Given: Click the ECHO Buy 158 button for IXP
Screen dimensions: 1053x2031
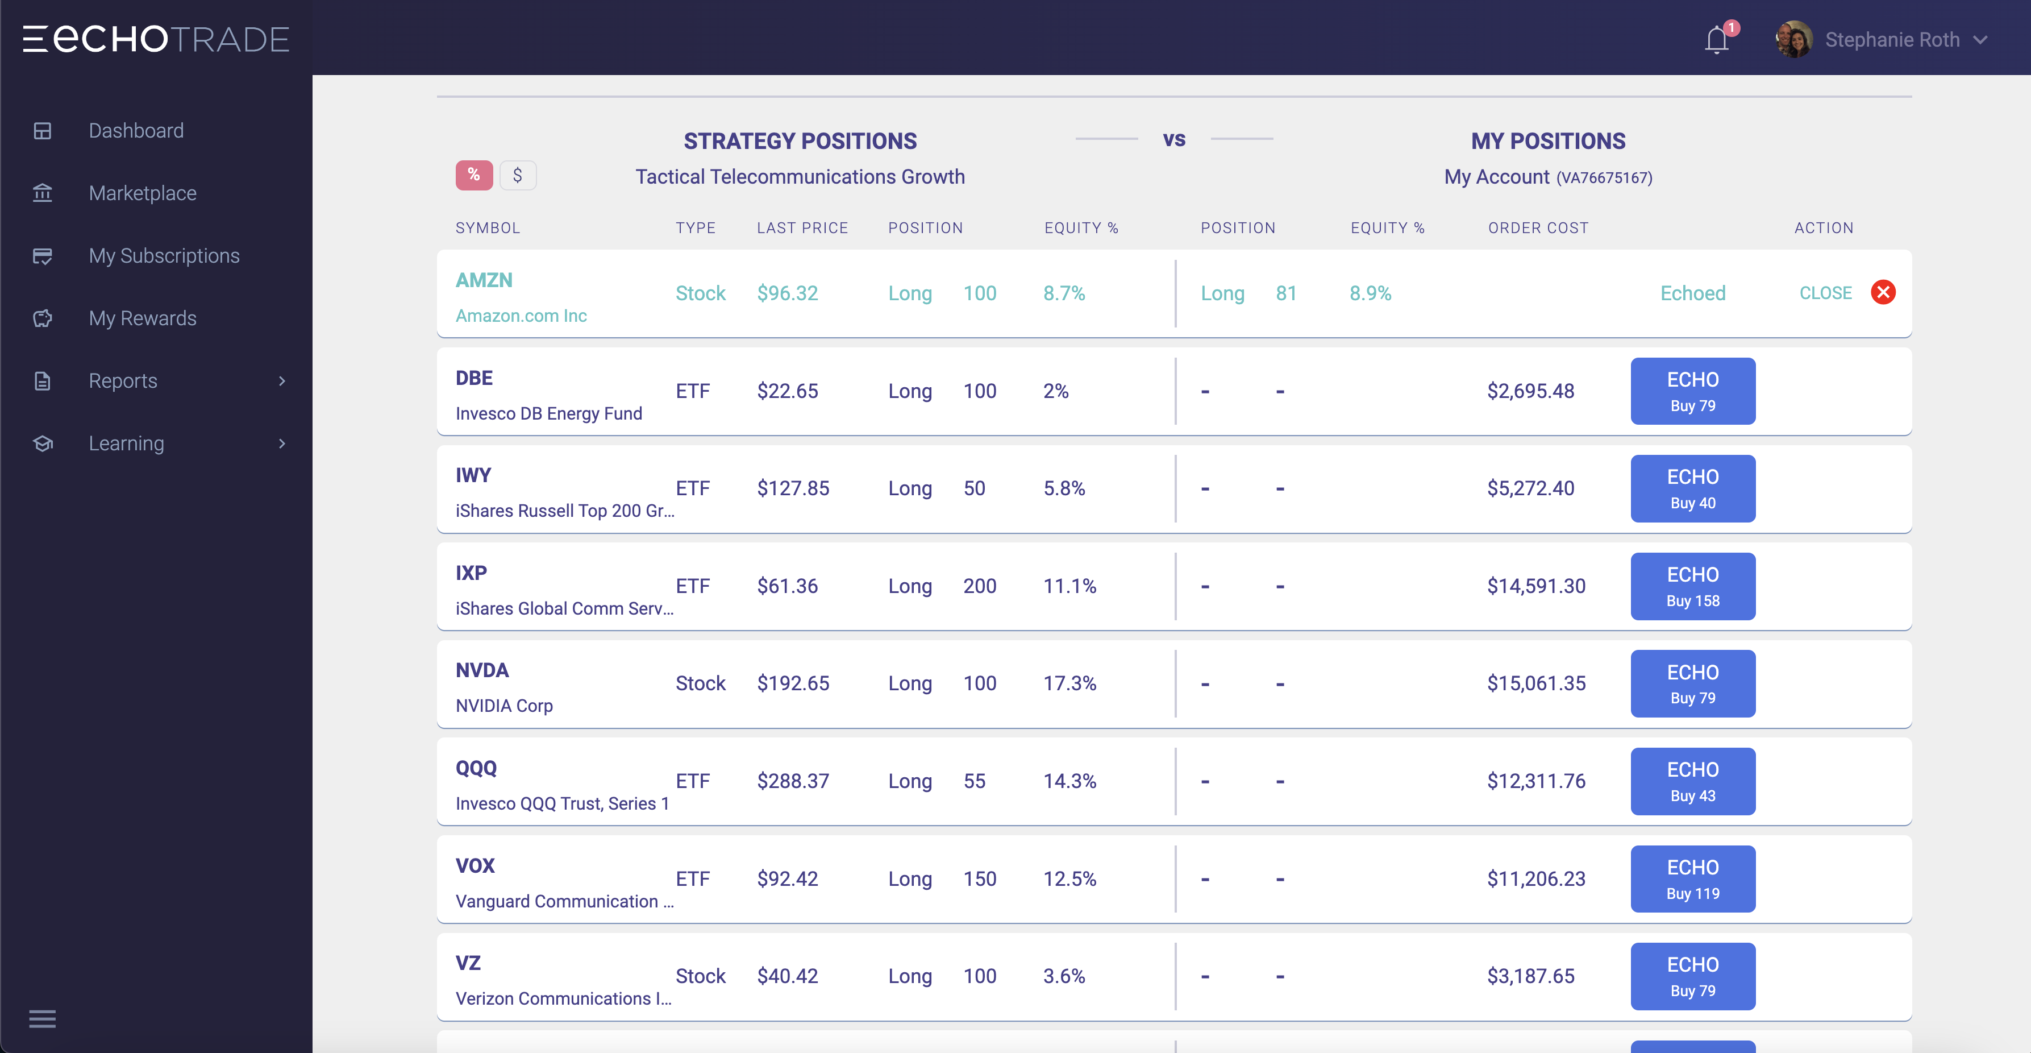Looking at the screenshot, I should point(1692,586).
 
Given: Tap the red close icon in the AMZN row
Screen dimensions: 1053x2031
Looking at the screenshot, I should point(1883,293).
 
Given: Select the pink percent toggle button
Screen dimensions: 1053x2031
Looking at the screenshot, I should point(474,175).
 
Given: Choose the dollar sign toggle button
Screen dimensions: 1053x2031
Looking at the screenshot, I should point(517,175).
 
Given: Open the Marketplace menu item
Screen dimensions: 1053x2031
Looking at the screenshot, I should point(142,193).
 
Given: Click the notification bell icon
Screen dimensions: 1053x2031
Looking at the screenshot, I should point(1716,39).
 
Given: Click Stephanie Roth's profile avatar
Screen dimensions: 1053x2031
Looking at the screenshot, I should point(1793,39).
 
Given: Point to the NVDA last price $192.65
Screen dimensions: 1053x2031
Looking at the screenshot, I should point(792,683).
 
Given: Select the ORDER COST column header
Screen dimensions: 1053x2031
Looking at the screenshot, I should point(1537,228).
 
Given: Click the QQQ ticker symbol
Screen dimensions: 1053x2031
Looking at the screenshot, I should point(476,768).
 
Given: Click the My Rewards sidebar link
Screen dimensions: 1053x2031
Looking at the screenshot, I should point(142,318).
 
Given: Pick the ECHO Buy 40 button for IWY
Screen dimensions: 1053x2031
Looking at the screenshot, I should point(1692,488).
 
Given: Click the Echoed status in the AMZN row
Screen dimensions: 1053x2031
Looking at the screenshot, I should point(1692,293).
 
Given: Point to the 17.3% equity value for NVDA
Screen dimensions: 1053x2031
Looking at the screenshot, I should point(1069,683).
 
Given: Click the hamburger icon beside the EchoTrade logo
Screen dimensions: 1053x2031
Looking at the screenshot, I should point(35,39).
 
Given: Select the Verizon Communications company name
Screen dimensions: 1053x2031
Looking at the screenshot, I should point(563,998).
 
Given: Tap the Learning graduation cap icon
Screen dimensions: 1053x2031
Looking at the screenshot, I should point(43,443).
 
